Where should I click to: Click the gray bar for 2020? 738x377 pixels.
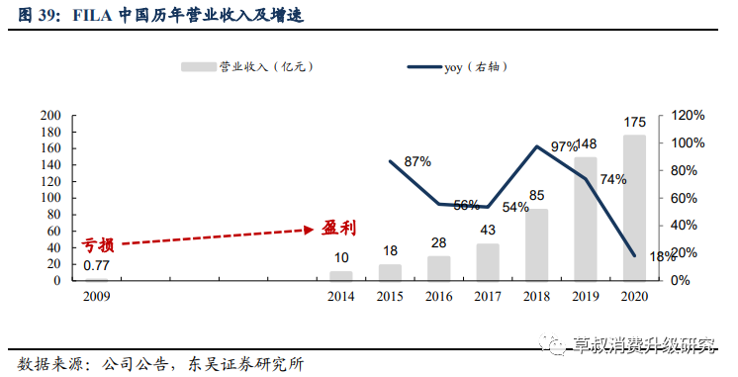point(633,208)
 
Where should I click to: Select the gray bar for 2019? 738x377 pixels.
point(586,219)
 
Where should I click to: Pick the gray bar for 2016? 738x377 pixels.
point(438,268)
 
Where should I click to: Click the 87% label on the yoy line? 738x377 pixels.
point(417,160)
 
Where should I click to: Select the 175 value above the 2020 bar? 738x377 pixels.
point(634,123)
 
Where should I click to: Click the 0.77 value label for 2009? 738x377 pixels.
point(96,265)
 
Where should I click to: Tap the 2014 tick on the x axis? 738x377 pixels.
point(340,296)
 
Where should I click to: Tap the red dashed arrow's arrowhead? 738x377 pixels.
point(309,230)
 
